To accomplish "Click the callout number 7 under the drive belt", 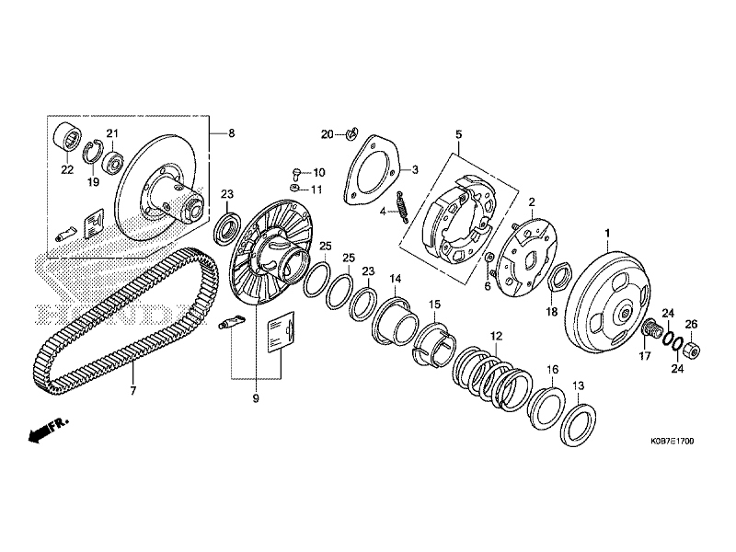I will click(132, 392).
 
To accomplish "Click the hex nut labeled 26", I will click(692, 350).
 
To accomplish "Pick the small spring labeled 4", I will click(402, 206).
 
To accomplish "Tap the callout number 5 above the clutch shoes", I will click(458, 134).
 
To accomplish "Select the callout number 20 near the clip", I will click(327, 134).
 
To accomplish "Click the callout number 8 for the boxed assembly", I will click(231, 133).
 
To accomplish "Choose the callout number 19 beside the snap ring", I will click(93, 182).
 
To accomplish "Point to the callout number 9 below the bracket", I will click(257, 398).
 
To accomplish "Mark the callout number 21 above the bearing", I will click(112, 133).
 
